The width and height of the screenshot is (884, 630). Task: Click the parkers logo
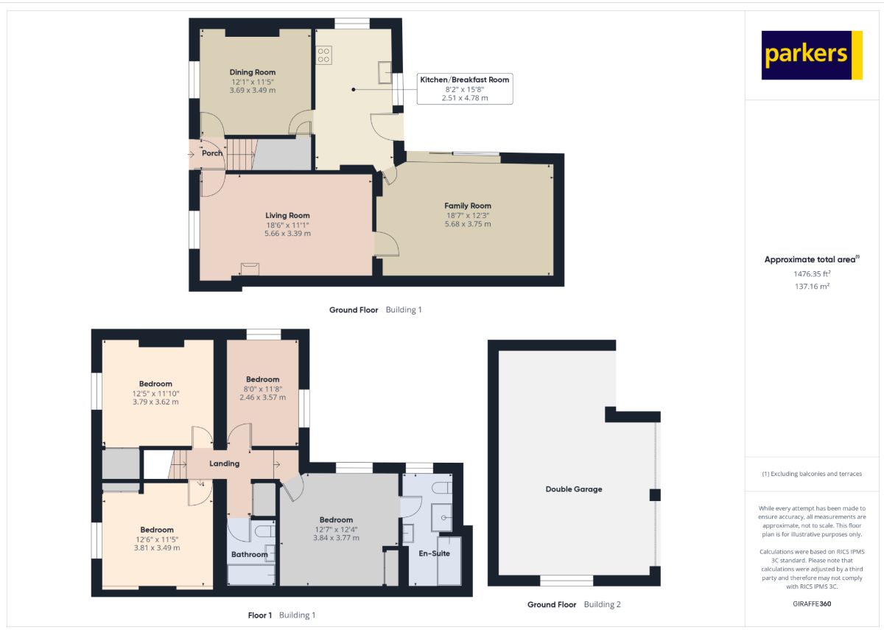pyautogui.click(x=812, y=55)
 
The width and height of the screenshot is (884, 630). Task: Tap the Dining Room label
pyautogui.click(x=253, y=72)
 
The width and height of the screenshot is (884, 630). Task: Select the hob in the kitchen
pyautogui.click(x=323, y=55)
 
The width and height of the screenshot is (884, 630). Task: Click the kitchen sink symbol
pyautogui.click(x=385, y=72)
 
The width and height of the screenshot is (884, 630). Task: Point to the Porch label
pyautogui.click(x=212, y=153)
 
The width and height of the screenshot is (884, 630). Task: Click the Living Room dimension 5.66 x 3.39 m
pyautogui.click(x=288, y=234)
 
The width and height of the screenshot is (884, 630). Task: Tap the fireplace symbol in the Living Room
pyautogui.click(x=250, y=269)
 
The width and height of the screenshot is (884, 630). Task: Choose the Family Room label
pyautogui.click(x=468, y=206)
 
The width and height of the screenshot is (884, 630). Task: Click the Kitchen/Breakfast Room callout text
pyautogui.click(x=465, y=80)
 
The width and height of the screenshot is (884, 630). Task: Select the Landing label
pyautogui.click(x=225, y=463)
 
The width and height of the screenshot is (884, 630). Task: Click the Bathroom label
pyautogui.click(x=250, y=554)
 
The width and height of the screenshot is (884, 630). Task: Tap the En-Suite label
pyautogui.click(x=434, y=553)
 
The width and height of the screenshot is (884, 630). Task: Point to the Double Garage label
pyautogui.click(x=574, y=489)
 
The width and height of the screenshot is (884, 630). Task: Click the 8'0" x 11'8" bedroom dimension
pyautogui.click(x=263, y=389)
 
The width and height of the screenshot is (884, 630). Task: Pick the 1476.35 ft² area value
pyautogui.click(x=812, y=273)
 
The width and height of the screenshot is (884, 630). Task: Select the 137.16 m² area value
pyautogui.click(x=812, y=286)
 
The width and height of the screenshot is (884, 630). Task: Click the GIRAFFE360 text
pyautogui.click(x=812, y=603)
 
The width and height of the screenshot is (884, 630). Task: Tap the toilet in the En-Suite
pyautogui.click(x=442, y=488)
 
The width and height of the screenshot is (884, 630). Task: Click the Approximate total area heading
pyautogui.click(x=812, y=259)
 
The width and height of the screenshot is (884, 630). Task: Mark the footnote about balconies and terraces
pyautogui.click(x=812, y=474)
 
